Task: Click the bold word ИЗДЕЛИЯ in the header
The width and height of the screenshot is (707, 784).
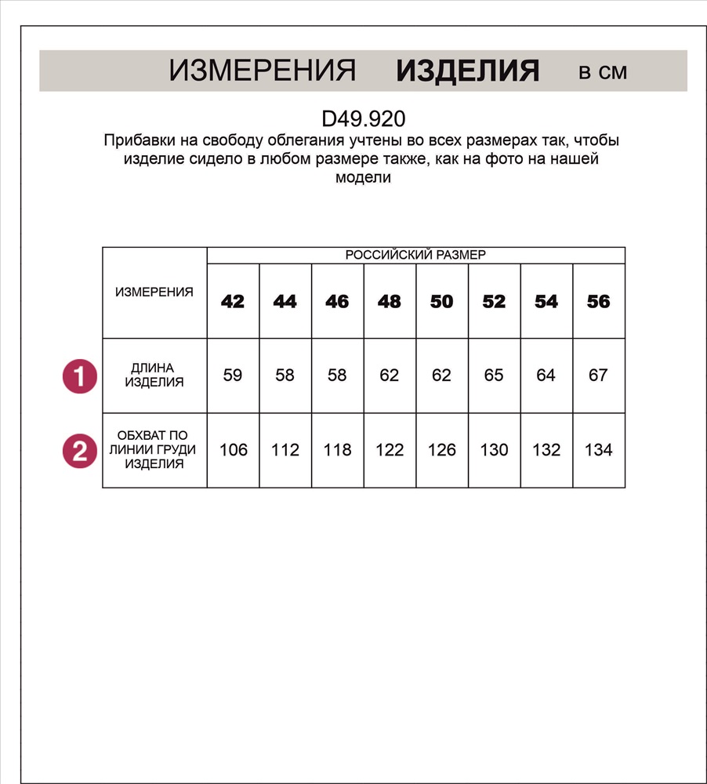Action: click(x=467, y=71)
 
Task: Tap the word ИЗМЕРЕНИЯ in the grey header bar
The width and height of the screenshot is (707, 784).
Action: click(x=263, y=71)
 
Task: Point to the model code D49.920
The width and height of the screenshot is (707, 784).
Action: click(x=364, y=119)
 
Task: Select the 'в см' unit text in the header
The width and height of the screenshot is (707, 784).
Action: click(x=603, y=72)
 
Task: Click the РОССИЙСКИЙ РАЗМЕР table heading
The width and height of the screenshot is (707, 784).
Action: click(x=415, y=256)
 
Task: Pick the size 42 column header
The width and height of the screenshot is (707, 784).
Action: click(x=233, y=302)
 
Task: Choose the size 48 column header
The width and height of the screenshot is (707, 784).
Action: click(x=390, y=302)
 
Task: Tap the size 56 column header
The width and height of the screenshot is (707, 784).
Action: click(x=598, y=302)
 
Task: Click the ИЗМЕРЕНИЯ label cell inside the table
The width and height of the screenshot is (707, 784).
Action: click(x=154, y=292)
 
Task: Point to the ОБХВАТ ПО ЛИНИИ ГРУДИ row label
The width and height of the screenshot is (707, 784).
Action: click(x=154, y=450)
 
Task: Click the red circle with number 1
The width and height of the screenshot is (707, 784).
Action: click(x=79, y=376)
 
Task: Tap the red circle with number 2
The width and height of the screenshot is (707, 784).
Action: click(x=79, y=451)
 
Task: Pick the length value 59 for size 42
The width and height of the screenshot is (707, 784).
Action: click(x=233, y=376)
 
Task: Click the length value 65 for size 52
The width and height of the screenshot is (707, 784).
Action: click(x=494, y=376)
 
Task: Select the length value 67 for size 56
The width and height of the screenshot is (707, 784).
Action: click(x=598, y=376)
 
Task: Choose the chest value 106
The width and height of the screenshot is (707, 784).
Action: click(x=234, y=450)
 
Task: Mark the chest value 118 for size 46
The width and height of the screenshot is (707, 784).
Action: click(x=337, y=450)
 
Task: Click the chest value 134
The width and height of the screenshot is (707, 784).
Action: click(x=598, y=450)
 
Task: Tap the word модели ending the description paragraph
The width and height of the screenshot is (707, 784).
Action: click(x=363, y=177)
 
